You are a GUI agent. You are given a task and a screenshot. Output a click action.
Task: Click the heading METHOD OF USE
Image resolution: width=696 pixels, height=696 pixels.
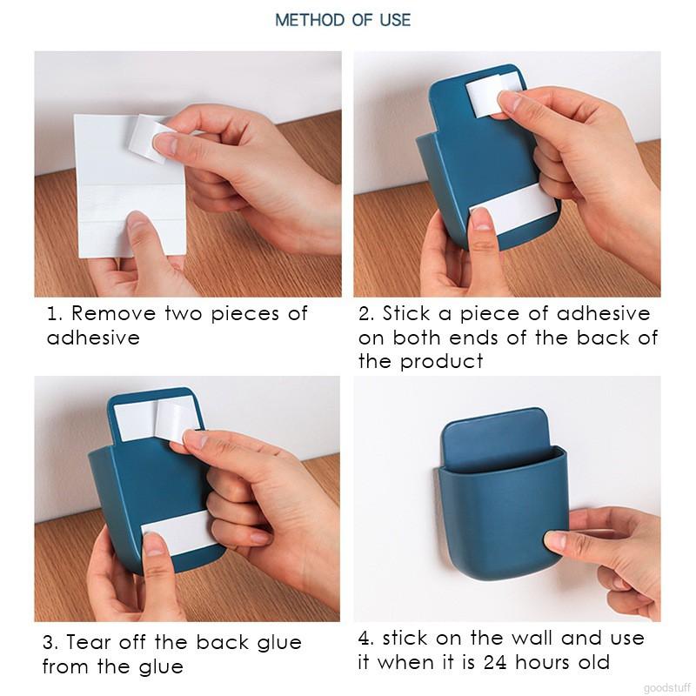(343, 20)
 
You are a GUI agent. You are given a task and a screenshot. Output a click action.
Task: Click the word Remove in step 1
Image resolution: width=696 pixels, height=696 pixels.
(114, 313)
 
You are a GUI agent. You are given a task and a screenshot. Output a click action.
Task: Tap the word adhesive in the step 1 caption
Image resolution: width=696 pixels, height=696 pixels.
(93, 338)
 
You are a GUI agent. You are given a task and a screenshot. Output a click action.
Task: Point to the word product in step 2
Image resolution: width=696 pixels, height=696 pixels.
(441, 361)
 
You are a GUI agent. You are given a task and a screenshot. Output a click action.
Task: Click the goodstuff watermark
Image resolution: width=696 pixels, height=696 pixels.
(666, 688)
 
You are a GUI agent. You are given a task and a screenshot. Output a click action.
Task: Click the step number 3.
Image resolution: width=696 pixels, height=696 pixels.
(49, 642)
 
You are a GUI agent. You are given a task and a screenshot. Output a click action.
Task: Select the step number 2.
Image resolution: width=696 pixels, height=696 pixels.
(365, 313)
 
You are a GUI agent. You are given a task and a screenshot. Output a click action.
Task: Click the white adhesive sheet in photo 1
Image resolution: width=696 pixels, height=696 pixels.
(130, 186)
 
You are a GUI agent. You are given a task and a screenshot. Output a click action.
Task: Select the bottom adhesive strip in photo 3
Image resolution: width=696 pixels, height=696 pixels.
(180, 532)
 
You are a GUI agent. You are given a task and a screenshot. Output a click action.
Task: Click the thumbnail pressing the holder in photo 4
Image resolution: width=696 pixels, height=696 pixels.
(552, 539)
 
